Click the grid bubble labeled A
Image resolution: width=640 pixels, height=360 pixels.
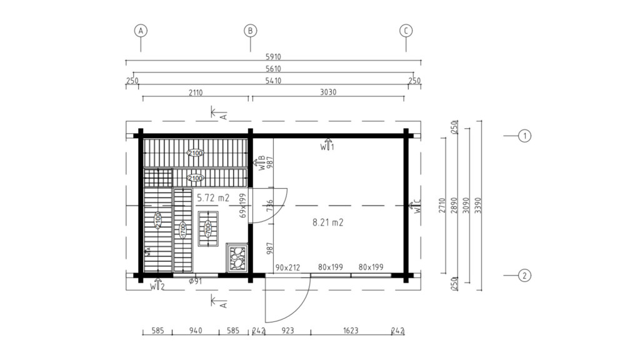pos(141,30)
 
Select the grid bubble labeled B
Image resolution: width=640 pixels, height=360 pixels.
pos(250,30)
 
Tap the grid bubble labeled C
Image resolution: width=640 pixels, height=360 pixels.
pos(406,30)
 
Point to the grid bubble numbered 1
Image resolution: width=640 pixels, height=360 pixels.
pos(525,136)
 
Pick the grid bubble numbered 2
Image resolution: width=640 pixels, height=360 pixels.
pos(525,275)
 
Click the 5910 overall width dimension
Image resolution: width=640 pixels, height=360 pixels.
pos(274,57)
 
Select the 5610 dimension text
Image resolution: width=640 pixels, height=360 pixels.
pos(274,69)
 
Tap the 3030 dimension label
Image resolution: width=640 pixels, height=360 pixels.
pos(328,92)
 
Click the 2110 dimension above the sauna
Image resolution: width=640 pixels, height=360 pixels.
pos(194,92)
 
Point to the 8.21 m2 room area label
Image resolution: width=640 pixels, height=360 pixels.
pos(329,222)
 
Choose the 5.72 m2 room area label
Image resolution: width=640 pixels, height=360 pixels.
pos(213,197)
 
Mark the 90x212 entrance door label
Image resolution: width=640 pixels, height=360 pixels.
pos(288,267)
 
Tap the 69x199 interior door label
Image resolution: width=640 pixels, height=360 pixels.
pos(244,205)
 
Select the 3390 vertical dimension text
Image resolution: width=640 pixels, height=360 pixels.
pos(479,206)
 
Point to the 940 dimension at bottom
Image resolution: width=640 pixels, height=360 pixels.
pos(195,331)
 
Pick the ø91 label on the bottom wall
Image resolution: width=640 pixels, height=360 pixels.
pos(195,282)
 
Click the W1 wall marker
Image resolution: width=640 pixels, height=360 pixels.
pos(328,146)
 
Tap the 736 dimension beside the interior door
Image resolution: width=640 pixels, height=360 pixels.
pos(270,206)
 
